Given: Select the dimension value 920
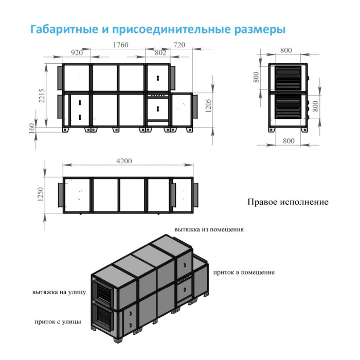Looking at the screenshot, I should click(77, 52).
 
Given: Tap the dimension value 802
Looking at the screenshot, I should click(160, 52).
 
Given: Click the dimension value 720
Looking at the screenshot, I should click(179, 45).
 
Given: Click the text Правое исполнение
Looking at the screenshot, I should click(287, 202).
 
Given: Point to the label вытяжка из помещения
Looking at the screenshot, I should click(209, 229).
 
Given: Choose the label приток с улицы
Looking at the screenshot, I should click(57, 321).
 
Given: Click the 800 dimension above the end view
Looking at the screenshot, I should click(286, 50).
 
